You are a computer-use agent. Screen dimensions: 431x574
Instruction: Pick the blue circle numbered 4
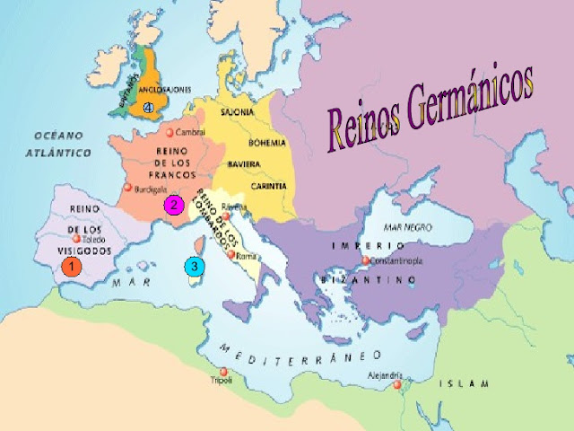pyautogui.click(x=148, y=108)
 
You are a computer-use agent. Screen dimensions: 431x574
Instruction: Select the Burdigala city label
pyautogui.click(x=143, y=190)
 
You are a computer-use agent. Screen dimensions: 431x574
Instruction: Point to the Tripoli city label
pyautogui.click(x=221, y=381)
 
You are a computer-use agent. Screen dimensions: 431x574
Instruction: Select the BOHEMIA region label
pyautogui.click(x=265, y=142)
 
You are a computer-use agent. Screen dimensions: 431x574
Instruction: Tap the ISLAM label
pyautogui.click(x=465, y=383)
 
